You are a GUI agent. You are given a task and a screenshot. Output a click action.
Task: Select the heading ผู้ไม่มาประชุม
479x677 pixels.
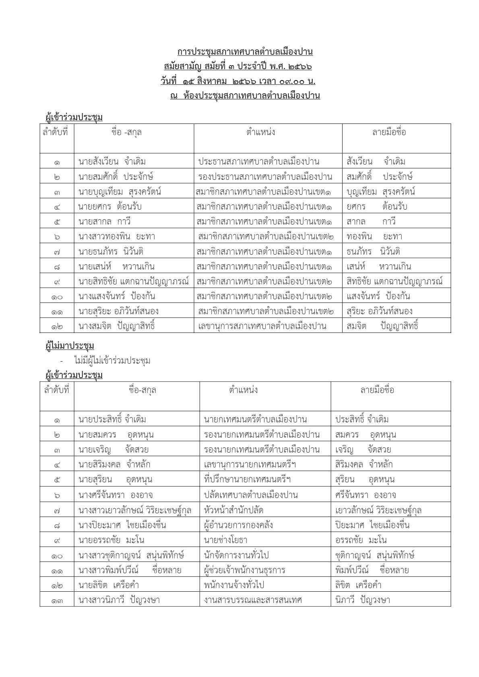(70, 346)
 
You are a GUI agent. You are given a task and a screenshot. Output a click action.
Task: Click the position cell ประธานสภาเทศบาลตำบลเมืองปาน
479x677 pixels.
(259, 162)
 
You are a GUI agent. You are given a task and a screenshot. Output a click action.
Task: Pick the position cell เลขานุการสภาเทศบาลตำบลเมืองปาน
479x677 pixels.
(262, 326)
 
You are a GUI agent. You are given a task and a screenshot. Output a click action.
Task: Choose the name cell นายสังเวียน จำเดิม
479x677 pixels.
(112, 162)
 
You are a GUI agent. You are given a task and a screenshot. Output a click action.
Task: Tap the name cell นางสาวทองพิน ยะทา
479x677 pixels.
(117, 237)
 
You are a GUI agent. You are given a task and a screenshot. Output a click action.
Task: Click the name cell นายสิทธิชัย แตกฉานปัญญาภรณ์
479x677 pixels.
(134, 281)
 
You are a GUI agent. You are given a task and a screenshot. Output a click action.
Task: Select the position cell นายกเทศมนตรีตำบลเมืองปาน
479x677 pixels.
(256, 420)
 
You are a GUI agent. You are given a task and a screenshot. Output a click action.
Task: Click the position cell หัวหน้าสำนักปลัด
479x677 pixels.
(234, 510)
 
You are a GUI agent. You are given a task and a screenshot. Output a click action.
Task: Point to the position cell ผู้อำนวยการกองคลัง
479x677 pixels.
(239, 525)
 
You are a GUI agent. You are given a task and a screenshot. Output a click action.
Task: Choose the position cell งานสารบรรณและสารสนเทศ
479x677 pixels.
(253, 600)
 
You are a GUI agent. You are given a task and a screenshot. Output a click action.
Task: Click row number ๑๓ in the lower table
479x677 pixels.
(57, 601)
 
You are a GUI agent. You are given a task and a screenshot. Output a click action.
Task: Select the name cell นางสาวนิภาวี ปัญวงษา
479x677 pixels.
(119, 600)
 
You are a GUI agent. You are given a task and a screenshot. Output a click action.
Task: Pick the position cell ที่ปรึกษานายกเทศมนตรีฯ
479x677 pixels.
(248, 479)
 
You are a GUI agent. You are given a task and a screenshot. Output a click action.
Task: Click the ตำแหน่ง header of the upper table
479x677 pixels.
(261, 132)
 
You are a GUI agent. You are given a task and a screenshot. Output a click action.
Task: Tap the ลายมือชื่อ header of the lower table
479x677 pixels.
(377, 390)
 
